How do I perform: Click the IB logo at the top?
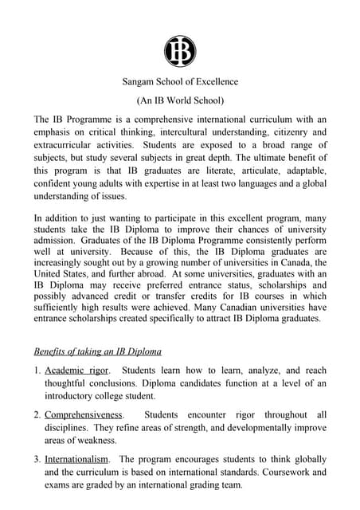pyautogui.click(x=180, y=51)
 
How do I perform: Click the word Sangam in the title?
pyautogui.click(x=141, y=82)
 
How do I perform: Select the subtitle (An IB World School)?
pyautogui.click(x=180, y=100)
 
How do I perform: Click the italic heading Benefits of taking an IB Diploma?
pyautogui.click(x=98, y=351)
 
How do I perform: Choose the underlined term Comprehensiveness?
pyautogui.click(x=84, y=415)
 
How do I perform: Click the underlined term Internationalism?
pyautogui.click(x=79, y=459)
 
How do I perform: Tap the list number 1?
pyautogui.click(x=37, y=371)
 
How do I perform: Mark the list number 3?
pyautogui.click(x=37, y=459)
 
